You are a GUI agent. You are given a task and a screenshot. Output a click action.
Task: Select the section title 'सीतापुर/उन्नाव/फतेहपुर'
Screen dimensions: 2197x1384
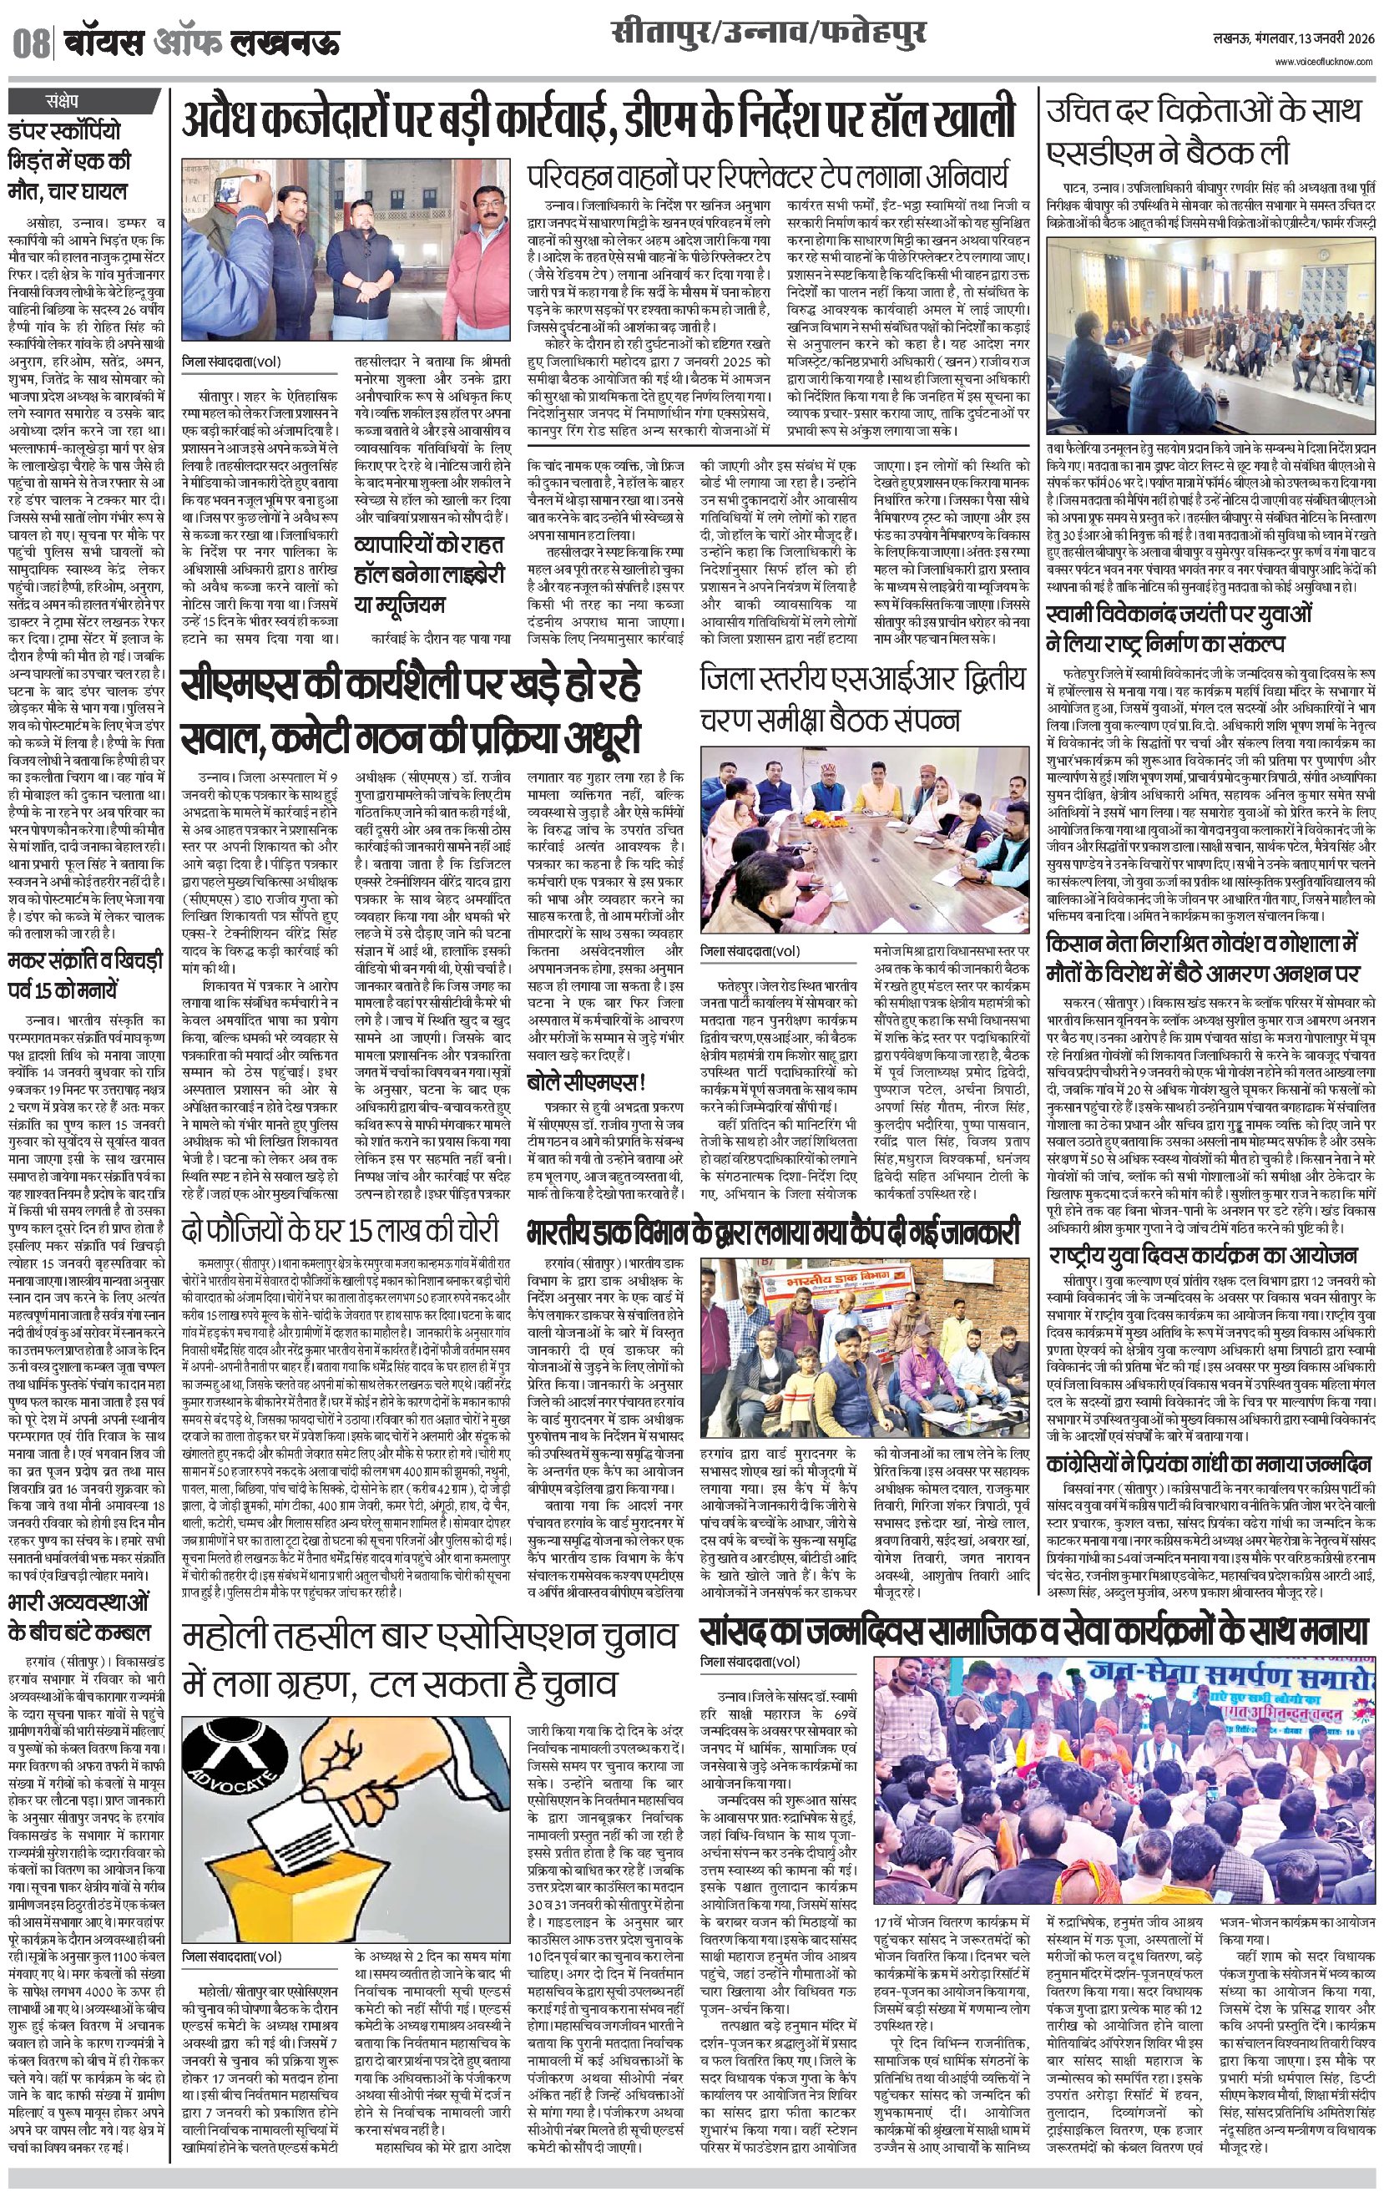[x=769, y=35]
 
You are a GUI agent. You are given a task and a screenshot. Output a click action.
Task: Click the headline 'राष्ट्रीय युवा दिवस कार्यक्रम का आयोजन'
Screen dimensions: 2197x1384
[x=1203, y=1254]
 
